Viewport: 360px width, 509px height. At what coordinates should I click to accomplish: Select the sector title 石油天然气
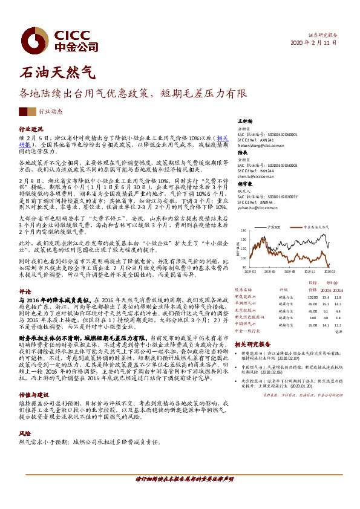tap(57, 74)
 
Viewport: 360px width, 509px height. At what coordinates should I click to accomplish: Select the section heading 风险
tap(24, 433)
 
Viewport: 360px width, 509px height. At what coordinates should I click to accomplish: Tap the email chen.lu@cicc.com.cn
tap(256, 176)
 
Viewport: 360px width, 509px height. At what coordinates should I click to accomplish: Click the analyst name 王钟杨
tap(244, 122)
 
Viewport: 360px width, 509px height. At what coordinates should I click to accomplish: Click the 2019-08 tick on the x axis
tap(290, 273)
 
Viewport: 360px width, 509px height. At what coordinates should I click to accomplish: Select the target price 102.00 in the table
tap(312, 297)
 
